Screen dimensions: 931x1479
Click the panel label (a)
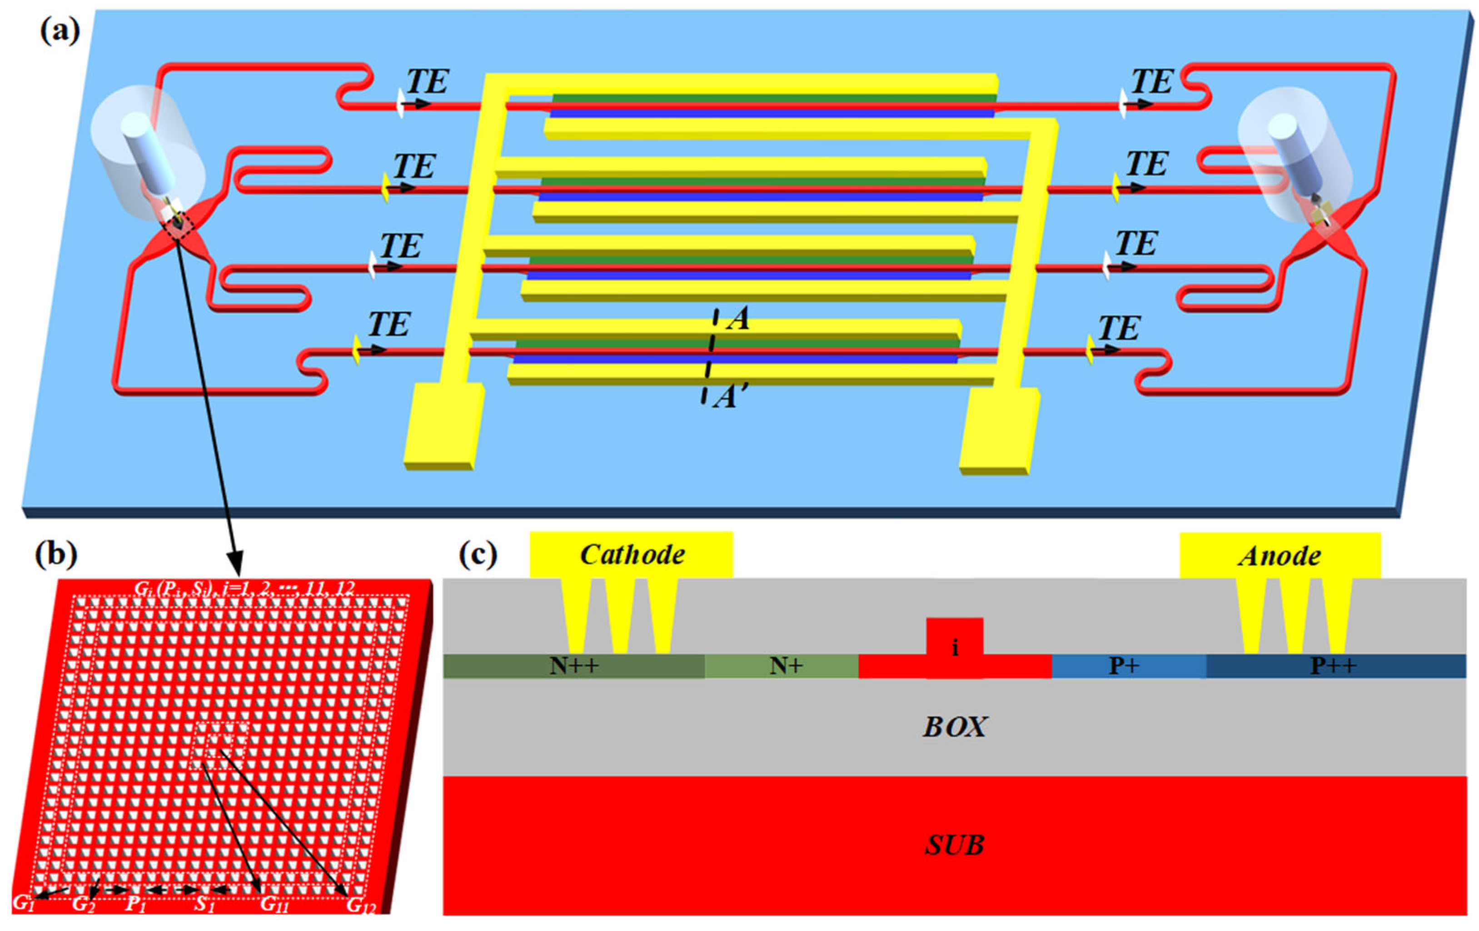pyautogui.click(x=60, y=31)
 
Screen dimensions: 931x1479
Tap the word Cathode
pyautogui.click(x=632, y=555)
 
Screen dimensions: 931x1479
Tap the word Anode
pyautogui.click(x=1280, y=556)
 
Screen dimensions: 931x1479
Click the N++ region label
pyautogui.click(x=574, y=666)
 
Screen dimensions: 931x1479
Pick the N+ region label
pyautogui.click(x=786, y=666)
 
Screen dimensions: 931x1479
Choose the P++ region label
pyautogui.click(x=1333, y=666)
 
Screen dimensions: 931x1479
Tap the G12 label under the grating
pyautogui.click(x=360, y=905)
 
